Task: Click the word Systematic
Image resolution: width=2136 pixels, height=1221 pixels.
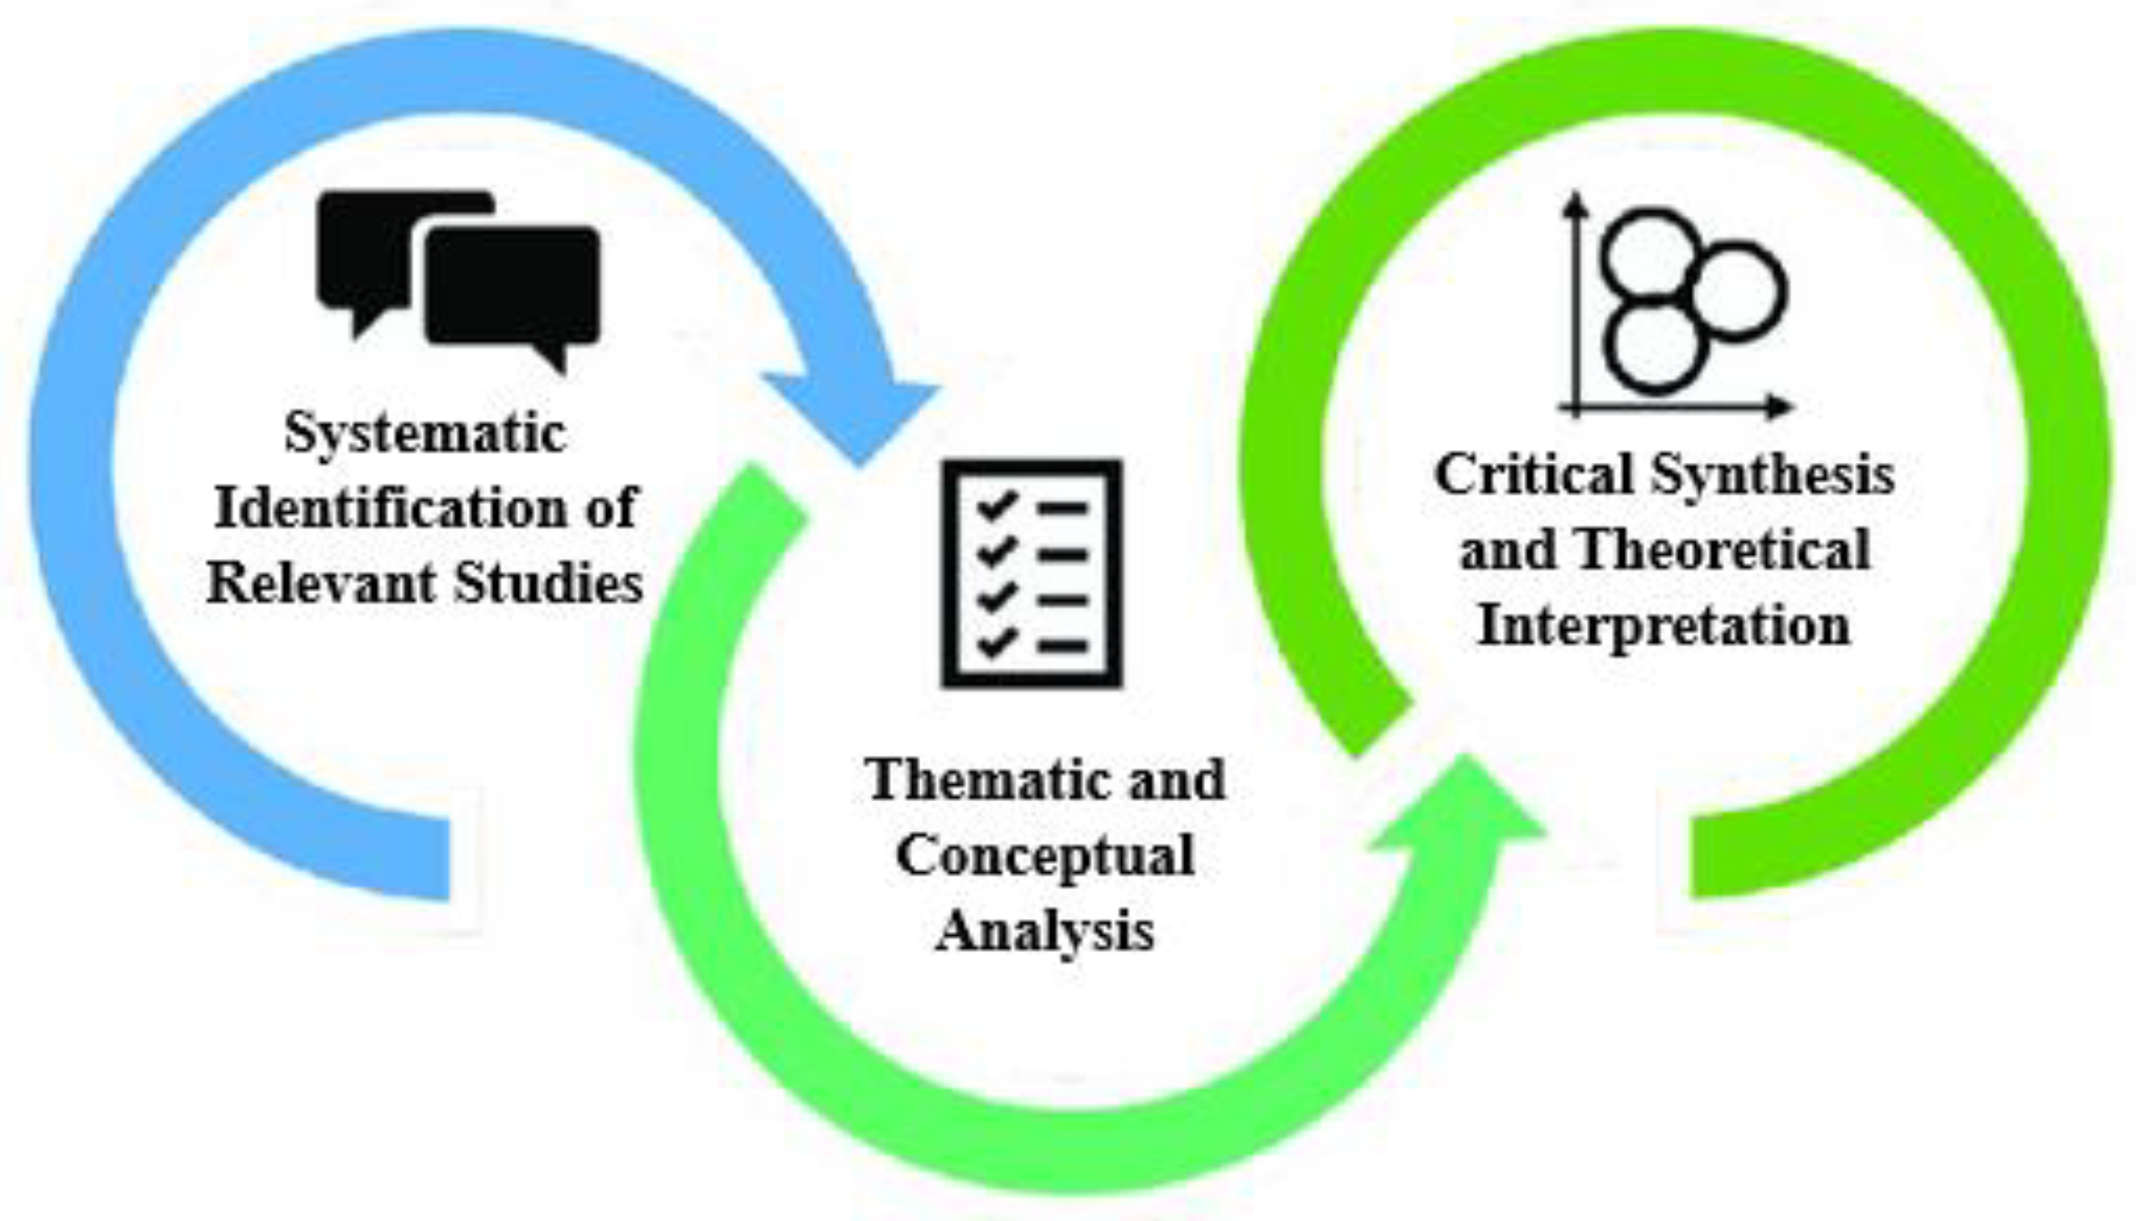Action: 425,434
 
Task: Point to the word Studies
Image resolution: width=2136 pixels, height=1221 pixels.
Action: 548,583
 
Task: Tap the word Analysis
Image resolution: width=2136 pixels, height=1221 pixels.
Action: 1045,931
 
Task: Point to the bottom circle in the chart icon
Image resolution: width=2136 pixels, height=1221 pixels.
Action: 1656,346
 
